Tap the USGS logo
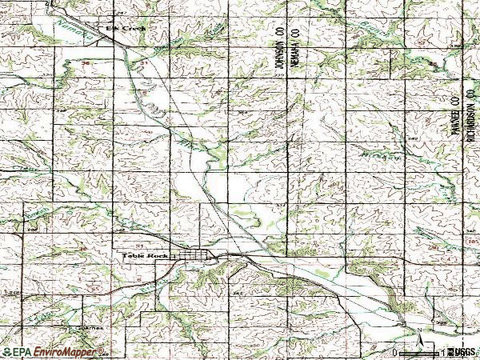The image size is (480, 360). (462, 352)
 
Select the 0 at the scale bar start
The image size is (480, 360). (395, 352)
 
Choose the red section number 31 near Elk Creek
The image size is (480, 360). (145, 62)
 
